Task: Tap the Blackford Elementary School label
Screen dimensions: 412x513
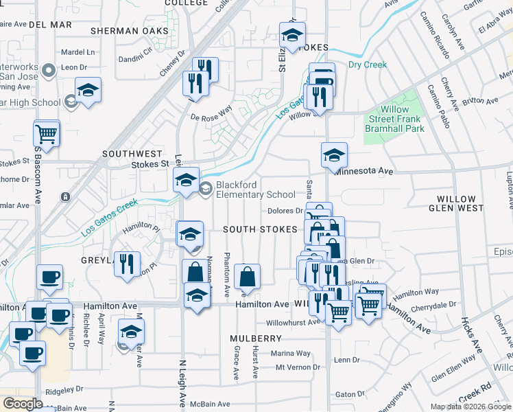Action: (x=256, y=190)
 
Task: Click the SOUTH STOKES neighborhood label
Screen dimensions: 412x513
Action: (x=259, y=229)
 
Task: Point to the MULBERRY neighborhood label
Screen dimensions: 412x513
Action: (x=256, y=339)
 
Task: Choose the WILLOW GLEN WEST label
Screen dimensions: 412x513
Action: (x=470, y=203)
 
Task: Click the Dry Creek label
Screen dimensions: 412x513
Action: (x=367, y=65)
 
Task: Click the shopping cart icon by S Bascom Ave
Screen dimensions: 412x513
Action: (x=47, y=133)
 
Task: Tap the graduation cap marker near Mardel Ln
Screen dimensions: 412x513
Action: (x=88, y=91)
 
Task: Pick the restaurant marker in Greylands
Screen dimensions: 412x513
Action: (x=127, y=264)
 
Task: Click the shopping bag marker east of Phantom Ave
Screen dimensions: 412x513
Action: (x=247, y=277)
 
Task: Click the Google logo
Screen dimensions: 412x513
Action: (x=23, y=404)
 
